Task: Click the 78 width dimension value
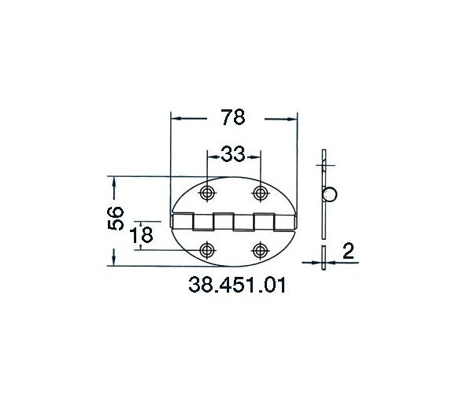tap(233, 118)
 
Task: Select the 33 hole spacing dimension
tap(232, 154)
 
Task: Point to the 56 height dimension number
tap(115, 218)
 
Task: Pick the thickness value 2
tap(348, 252)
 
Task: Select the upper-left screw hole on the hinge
tap(207, 193)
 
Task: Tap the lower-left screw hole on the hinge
tap(207, 250)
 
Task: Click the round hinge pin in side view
tap(332, 194)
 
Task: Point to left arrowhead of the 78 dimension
tap(177, 118)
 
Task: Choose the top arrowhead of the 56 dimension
tap(115, 182)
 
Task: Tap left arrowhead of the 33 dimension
tap(211, 154)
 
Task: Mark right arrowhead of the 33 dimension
tap(254, 154)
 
